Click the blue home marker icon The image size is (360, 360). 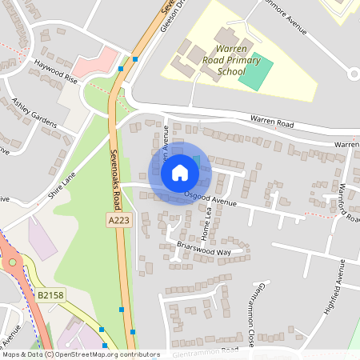pos(180,173)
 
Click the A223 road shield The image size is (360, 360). pos(117,218)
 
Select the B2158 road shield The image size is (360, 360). pos(50,295)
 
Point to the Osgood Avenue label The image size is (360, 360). pos(210,198)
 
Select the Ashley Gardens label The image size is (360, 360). pos(34,112)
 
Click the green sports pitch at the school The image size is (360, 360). pos(256,74)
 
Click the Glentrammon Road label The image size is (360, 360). pos(205,350)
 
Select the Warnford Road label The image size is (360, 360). pos(344,203)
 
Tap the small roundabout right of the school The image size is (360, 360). pos(354,74)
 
